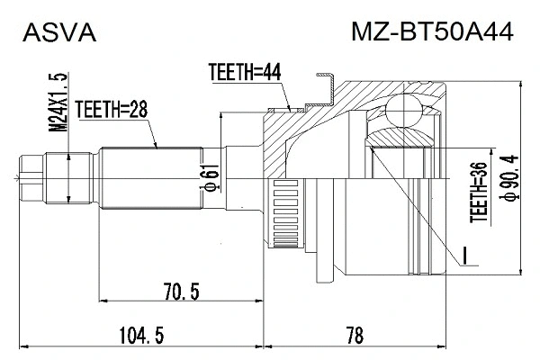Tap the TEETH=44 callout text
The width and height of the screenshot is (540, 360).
pyautogui.click(x=239, y=73)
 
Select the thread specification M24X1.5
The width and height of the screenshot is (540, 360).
pyautogui.click(x=60, y=103)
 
